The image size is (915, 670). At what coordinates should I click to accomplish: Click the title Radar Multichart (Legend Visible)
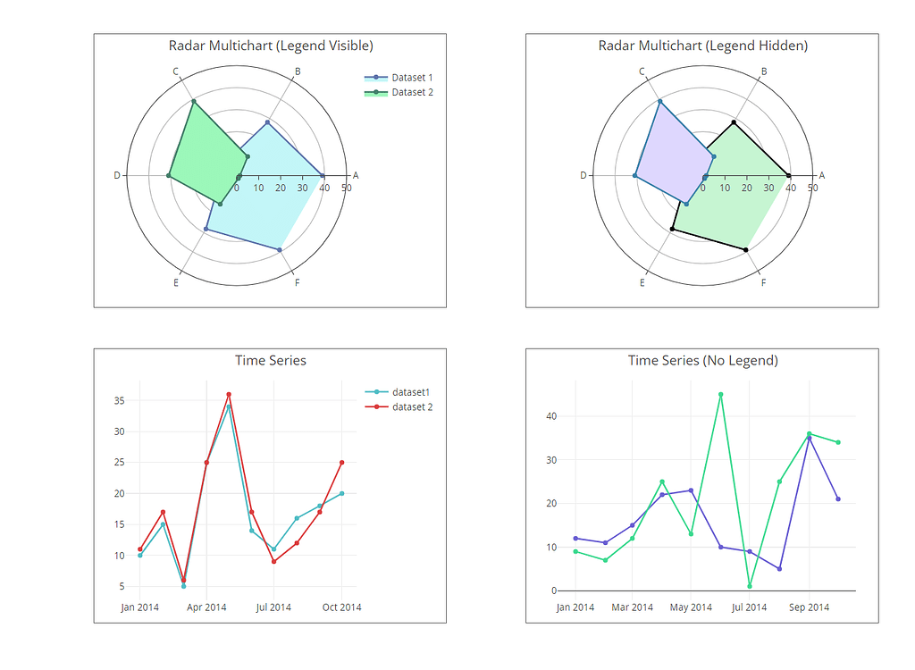(271, 46)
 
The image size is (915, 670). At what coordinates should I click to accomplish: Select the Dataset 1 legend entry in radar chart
(411, 78)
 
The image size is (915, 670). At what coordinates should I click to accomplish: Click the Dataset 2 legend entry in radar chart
(411, 92)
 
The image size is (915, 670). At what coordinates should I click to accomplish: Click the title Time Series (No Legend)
(702, 361)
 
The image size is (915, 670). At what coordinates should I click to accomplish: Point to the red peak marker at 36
(229, 394)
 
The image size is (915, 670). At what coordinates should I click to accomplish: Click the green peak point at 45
(721, 394)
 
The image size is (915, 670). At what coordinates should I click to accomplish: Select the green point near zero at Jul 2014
(750, 586)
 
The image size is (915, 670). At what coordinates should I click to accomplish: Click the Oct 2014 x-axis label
(340, 607)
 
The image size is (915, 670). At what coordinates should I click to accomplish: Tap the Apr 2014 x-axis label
(206, 607)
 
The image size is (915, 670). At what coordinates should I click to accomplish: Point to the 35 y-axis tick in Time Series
(119, 401)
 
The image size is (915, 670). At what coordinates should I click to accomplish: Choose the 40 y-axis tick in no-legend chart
(550, 416)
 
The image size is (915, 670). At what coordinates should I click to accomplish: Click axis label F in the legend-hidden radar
(763, 283)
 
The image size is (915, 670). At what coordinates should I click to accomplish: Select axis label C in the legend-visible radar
(176, 71)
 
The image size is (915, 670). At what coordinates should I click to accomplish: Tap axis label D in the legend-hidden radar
(583, 175)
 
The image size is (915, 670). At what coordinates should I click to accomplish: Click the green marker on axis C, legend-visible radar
(193, 102)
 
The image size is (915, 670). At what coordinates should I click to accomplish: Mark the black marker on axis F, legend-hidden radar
(746, 249)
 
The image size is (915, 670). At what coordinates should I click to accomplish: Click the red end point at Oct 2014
(341, 462)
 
